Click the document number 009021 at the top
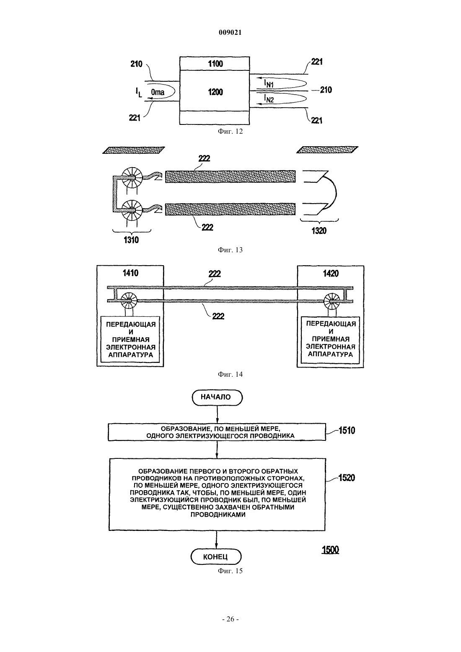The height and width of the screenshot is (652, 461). click(x=230, y=33)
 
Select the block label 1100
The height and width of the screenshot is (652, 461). click(x=215, y=64)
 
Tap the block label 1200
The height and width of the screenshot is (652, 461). click(x=215, y=92)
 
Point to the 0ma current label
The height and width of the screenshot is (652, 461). click(x=158, y=92)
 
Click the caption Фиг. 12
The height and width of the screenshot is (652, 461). click(x=230, y=131)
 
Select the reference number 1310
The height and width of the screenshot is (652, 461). click(x=131, y=240)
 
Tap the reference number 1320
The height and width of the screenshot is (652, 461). click(x=319, y=231)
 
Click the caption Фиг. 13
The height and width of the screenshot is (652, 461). click(x=230, y=250)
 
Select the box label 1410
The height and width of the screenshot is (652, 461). click(x=130, y=273)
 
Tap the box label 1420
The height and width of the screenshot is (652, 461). click(x=331, y=273)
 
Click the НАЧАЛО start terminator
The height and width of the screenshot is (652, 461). click(x=217, y=397)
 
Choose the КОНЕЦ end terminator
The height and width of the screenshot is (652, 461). click(x=216, y=557)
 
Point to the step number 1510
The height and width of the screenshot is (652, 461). click(x=347, y=430)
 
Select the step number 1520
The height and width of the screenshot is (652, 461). click(x=347, y=478)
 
